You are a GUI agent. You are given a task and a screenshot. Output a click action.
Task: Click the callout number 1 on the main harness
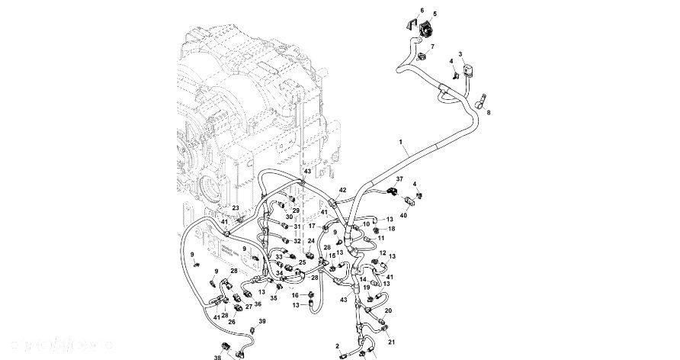point(399,143)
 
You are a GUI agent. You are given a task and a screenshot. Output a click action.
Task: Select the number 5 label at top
point(435,14)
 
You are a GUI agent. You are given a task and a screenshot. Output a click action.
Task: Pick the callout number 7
point(432,47)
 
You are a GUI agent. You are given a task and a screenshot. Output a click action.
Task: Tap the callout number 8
point(489,112)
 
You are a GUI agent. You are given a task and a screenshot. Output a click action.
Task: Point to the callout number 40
point(403,215)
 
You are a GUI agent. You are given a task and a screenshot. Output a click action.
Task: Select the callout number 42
point(342,190)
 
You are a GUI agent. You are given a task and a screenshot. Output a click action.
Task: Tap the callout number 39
point(262,322)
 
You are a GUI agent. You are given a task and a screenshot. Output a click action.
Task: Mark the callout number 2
point(337,346)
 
